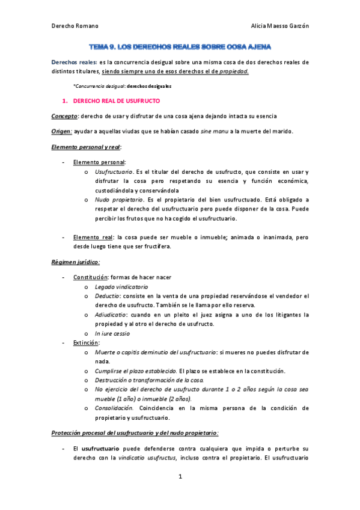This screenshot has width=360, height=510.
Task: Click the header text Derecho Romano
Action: click(x=75, y=25)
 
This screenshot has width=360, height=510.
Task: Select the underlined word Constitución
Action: click(x=90, y=277)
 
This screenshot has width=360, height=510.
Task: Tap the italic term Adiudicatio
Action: click(x=111, y=315)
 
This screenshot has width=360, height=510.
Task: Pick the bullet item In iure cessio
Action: click(x=112, y=333)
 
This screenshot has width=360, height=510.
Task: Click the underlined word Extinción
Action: click(x=86, y=342)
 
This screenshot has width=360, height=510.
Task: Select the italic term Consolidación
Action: click(x=114, y=408)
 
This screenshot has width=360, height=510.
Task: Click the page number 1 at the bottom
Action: click(x=180, y=477)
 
